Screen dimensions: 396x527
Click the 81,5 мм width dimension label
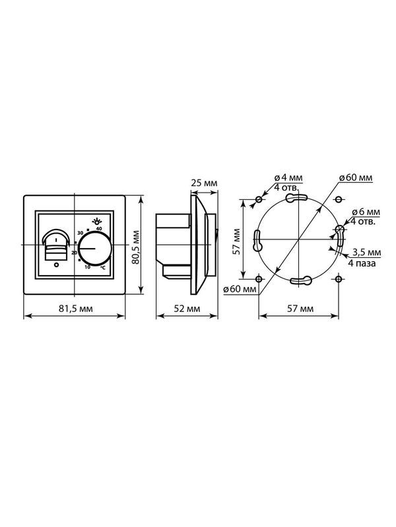pyautogui.click(x=76, y=309)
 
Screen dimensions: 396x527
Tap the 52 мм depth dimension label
pyautogui.click(x=187, y=309)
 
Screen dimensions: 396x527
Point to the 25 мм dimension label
pyautogui.click(x=204, y=183)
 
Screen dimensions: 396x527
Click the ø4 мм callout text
pyautogui.click(x=288, y=177)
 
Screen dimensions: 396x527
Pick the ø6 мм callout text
pyautogui.click(x=366, y=212)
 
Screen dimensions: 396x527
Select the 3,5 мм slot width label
pyautogui.click(x=367, y=252)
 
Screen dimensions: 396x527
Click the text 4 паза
pyautogui.click(x=362, y=263)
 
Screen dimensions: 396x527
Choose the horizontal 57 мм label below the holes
pyautogui.click(x=300, y=309)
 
